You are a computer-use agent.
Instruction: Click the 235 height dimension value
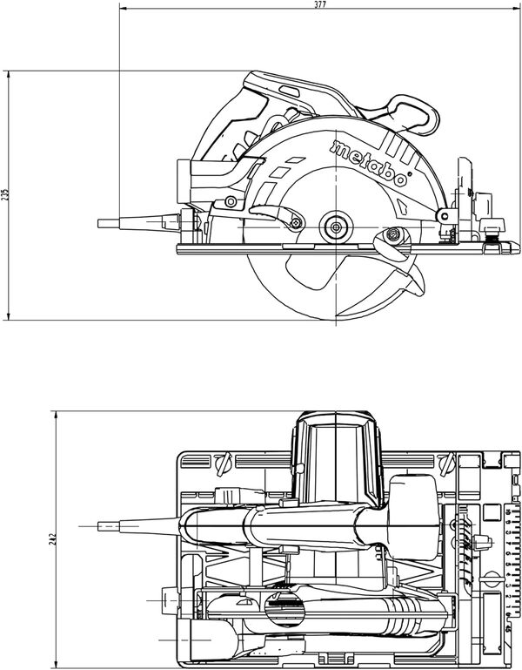click(x=4, y=195)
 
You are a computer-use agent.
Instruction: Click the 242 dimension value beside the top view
click(x=53, y=538)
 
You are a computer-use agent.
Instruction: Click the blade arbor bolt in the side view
click(x=336, y=227)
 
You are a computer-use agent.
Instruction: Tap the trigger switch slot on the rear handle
click(x=290, y=91)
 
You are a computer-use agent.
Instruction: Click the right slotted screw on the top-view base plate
click(x=447, y=464)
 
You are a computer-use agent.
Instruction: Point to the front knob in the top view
click(x=482, y=542)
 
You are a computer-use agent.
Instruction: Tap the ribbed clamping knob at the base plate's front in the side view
click(x=492, y=230)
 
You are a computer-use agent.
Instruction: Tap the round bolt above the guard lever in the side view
click(x=231, y=201)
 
